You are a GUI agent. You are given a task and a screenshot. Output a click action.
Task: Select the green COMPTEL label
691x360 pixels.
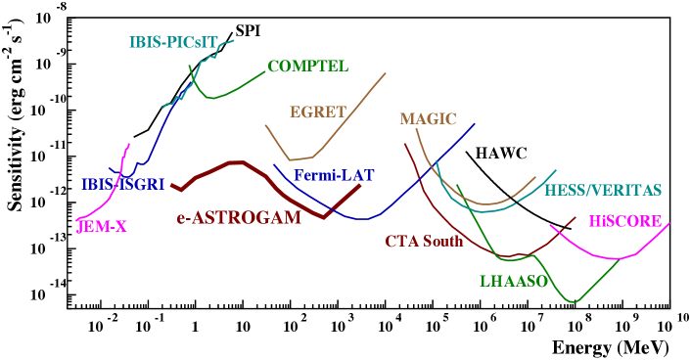[x=307, y=67]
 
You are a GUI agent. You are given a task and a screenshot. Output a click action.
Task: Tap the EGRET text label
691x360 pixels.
[x=318, y=112]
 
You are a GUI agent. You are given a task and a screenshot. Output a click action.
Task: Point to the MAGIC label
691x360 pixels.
[x=428, y=119]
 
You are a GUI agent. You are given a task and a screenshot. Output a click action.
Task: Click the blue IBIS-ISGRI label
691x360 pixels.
[x=122, y=184]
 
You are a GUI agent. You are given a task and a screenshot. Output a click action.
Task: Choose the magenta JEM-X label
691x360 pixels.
[x=102, y=228]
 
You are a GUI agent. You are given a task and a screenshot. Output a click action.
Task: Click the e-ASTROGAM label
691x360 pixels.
[x=239, y=218]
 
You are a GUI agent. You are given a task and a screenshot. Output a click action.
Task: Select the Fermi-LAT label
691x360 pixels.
[x=334, y=176]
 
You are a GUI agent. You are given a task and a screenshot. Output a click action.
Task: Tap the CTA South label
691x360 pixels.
[x=424, y=241]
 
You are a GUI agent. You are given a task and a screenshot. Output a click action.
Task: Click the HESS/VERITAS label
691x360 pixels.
[x=603, y=190]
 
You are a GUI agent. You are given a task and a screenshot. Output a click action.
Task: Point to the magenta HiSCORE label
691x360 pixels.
[x=625, y=221]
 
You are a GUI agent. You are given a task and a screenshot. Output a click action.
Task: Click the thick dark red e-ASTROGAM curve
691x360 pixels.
[x=235, y=163]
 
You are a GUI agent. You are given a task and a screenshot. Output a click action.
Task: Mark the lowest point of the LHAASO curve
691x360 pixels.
[x=575, y=301]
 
